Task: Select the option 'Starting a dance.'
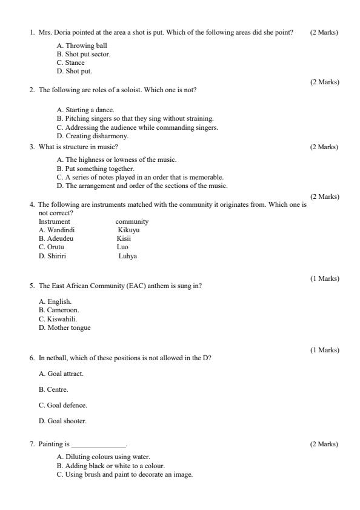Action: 85,110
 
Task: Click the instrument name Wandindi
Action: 56,230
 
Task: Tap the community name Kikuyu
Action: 128,230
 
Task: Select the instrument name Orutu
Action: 51,247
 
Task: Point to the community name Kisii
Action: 124,239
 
